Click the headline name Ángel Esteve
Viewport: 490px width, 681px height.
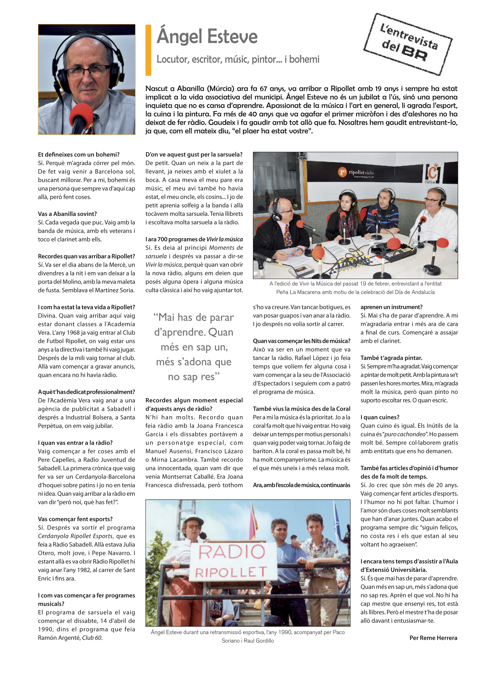(207, 37)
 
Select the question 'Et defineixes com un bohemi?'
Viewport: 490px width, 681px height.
(79, 155)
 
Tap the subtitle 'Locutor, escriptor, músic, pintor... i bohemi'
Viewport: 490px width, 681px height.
(238, 59)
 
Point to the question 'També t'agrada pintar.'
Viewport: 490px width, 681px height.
(391, 358)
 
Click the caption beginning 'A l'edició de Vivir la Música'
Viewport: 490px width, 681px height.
(355, 288)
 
